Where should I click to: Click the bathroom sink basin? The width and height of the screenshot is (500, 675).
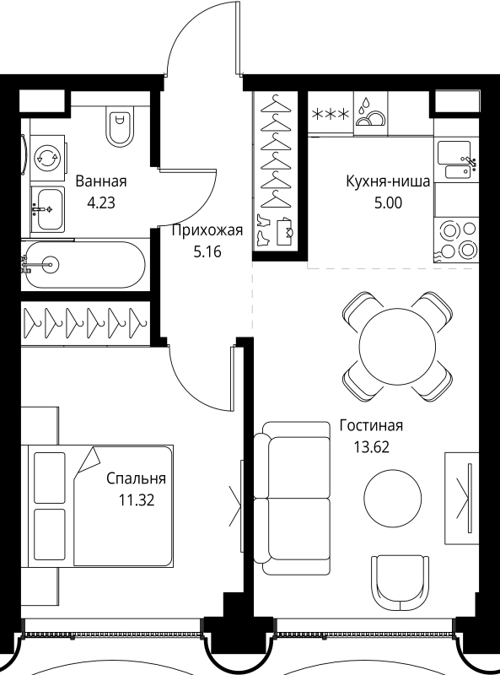[x=47, y=202]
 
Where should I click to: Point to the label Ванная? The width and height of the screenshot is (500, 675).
[x=101, y=181]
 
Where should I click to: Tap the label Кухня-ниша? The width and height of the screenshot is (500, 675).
[x=388, y=181]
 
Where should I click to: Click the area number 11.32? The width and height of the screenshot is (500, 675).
[x=137, y=498]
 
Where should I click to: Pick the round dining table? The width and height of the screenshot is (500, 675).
[x=397, y=345]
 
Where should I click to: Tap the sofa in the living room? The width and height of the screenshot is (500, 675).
[x=292, y=498]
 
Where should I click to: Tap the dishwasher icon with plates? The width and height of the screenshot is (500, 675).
[x=368, y=114]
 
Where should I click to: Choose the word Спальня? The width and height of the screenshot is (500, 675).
[x=136, y=478]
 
